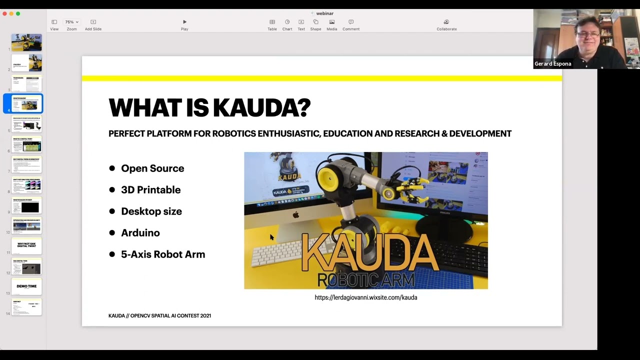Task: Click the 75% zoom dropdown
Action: pyautogui.click(x=71, y=22)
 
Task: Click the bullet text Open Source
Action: pyautogui.click(x=152, y=168)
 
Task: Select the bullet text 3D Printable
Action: pyautogui.click(x=150, y=190)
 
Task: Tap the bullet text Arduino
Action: pyautogui.click(x=140, y=233)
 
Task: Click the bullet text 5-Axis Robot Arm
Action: pyautogui.click(x=163, y=254)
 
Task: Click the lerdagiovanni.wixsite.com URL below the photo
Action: pyautogui.click(x=365, y=297)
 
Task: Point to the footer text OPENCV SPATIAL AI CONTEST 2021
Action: pyautogui.click(x=170, y=316)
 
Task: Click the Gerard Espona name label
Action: pyautogui.click(x=552, y=64)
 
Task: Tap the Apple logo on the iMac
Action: pyautogui.click(x=295, y=215)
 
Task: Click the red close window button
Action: pyautogui.click(x=4, y=13)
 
